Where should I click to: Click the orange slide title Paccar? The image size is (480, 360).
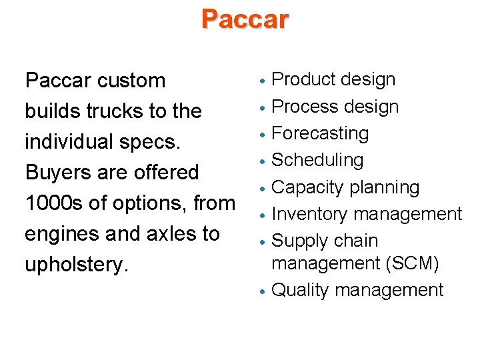click(245, 19)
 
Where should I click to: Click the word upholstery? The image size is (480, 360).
click(75, 265)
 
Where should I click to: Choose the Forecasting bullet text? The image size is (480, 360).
click(321, 133)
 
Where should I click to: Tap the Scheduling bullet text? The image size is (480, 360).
click(318, 160)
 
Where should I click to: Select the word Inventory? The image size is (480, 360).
click(309, 214)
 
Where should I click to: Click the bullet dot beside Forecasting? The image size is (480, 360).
click(264, 135)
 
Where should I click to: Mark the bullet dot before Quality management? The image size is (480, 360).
click(264, 291)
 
